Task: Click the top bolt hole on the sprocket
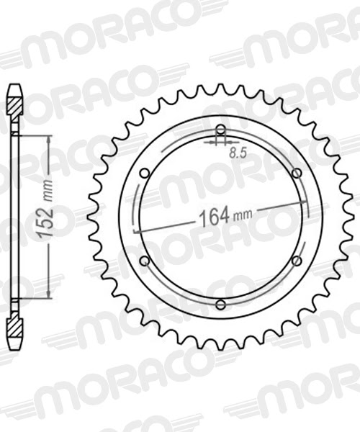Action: (x=221, y=130)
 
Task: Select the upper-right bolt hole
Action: (x=297, y=173)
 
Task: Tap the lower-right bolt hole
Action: (x=297, y=261)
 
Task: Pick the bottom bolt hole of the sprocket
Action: (x=221, y=305)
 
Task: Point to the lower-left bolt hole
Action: (x=144, y=261)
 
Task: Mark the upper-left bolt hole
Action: (x=144, y=173)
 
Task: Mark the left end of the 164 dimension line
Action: (x=137, y=230)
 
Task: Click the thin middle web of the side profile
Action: (x=14, y=216)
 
